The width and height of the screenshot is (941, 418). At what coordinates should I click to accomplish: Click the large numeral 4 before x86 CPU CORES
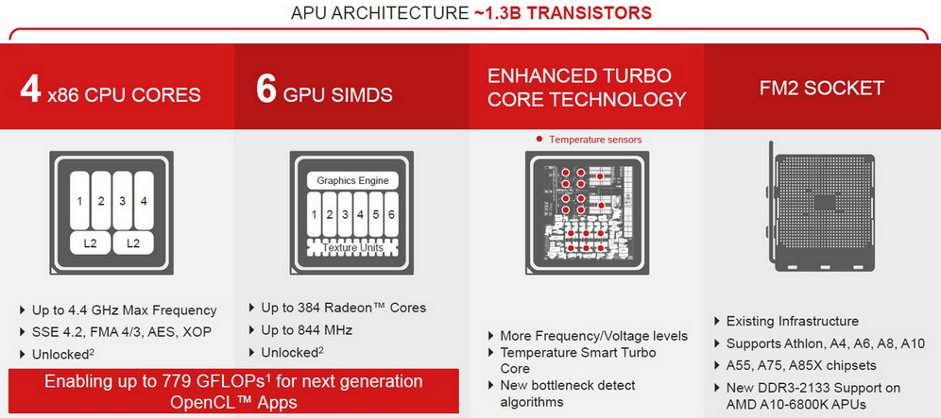coord(30,90)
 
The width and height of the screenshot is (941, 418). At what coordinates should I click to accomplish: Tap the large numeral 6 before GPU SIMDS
coord(266,90)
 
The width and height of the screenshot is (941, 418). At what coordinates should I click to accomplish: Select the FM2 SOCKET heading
coord(822,89)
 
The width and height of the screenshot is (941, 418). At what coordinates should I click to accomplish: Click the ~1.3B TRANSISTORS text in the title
coord(563,12)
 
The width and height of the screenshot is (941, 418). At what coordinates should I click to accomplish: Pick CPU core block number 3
coord(123,201)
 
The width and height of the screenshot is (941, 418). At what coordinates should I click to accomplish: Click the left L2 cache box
coord(90,243)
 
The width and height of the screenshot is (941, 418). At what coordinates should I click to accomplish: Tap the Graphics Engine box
coord(352,180)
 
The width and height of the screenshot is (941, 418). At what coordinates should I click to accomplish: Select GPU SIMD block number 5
coord(376,214)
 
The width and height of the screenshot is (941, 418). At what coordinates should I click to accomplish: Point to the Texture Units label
coord(352,247)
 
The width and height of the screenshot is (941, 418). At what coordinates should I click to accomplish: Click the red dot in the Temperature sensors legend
coord(539,139)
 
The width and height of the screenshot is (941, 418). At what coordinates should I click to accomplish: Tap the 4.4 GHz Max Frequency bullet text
coord(124,310)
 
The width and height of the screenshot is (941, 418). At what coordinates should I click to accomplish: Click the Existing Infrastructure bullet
coord(792,321)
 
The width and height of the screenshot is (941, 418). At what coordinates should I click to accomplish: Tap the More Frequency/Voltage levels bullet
coord(593,336)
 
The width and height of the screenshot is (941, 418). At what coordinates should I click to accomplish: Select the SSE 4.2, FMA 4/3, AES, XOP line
coord(122,331)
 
